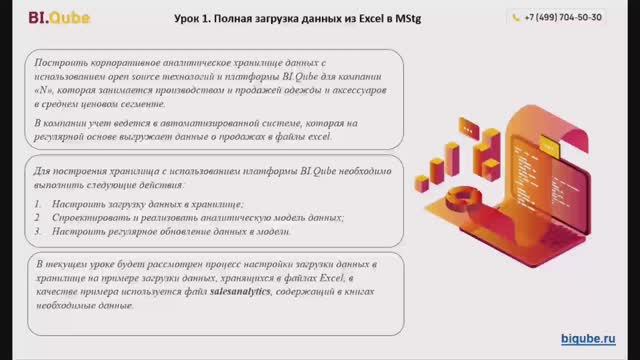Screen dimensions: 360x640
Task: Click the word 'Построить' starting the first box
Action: click(56, 62)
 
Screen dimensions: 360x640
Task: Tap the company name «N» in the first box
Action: click(43, 89)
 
